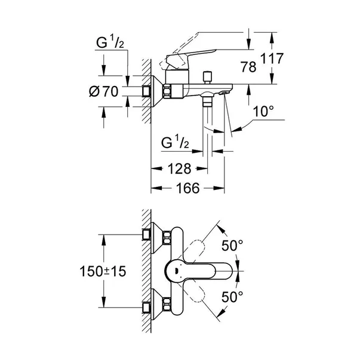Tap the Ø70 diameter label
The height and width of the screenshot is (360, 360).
106,93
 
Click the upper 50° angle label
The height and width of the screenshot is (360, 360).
232,245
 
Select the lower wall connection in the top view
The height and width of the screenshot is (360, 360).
147,307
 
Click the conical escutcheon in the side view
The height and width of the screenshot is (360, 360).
156,91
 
